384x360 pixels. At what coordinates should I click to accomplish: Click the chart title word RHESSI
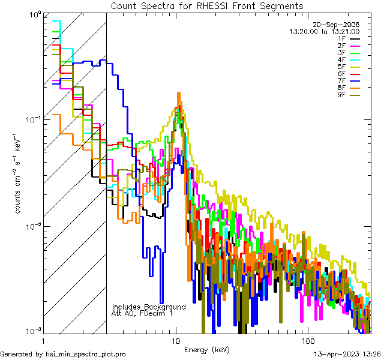pos(214,5)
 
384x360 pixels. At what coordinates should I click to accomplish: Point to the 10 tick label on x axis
pos(175,340)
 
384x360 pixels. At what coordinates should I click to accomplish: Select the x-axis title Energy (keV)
pos(207,349)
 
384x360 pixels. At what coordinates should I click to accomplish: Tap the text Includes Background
pos(149,307)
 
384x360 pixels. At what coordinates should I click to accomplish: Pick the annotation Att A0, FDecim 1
pos(142,313)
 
